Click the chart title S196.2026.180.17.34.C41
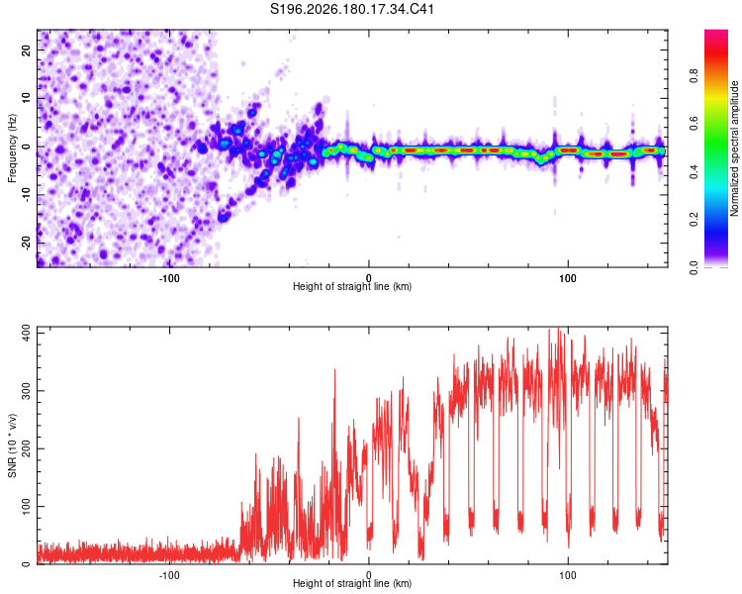tap(352, 9)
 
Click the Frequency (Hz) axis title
tap(12, 148)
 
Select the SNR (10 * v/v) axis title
tap(12, 445)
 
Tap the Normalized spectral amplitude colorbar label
tap(734, 148)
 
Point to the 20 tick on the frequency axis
tap(26, 49)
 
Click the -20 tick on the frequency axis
tap(26, 243)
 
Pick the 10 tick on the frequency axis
tap(26, 98)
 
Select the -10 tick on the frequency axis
tap(26, 195)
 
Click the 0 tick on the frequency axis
tap(26, 147)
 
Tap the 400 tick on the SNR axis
tap(26, 333)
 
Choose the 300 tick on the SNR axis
tap(26, 391)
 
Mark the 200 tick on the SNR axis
tap(26, 448)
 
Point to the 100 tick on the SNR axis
tap(26, 506)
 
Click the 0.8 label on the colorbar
tap(694, 76)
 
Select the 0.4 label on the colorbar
tap(694, 172)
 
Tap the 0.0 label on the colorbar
tap(694, 268)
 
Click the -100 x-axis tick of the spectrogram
tap(169, 278)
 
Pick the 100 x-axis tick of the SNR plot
tap(568, 575)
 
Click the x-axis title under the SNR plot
tap(352, 583)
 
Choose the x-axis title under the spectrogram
tap(352, 286)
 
